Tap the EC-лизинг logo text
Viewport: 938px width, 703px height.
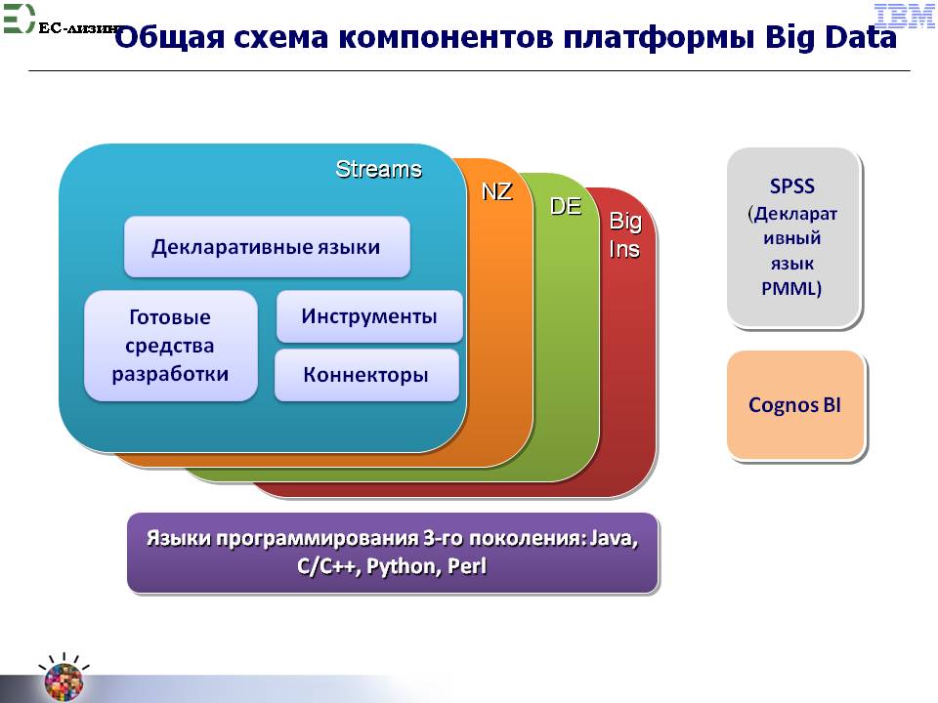(x=82, y=27)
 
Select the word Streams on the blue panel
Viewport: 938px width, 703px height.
(x=378, y=169)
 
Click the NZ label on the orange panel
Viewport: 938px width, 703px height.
(x=497, y=192)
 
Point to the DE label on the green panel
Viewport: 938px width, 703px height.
(x=566, y=207)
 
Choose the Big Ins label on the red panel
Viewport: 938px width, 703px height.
(x=625, y=235)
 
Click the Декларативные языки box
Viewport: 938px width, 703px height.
(x=267, y=247)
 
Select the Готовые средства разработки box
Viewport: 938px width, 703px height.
(x=170, y=346)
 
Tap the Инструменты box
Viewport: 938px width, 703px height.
(x=369, y=316)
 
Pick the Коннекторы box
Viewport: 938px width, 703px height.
(x=366, y=375)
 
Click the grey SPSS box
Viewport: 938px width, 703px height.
(x=793, y=238)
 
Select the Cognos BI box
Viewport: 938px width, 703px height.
(x=795, y=404)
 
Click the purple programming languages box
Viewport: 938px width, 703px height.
(x=393, y=553)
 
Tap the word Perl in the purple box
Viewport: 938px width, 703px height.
(x=467, y=565)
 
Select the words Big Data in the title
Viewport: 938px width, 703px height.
(x=831, y=37)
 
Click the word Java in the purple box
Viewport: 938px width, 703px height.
(x=613, y=539)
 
